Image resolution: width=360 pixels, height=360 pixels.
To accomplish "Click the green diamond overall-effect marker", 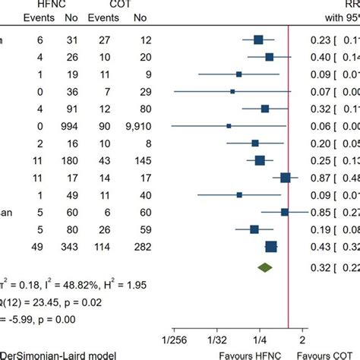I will point(264,267).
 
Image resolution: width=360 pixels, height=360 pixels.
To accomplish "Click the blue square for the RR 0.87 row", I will point(286,178).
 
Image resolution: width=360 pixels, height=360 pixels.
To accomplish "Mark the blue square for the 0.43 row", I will point(271,246).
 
